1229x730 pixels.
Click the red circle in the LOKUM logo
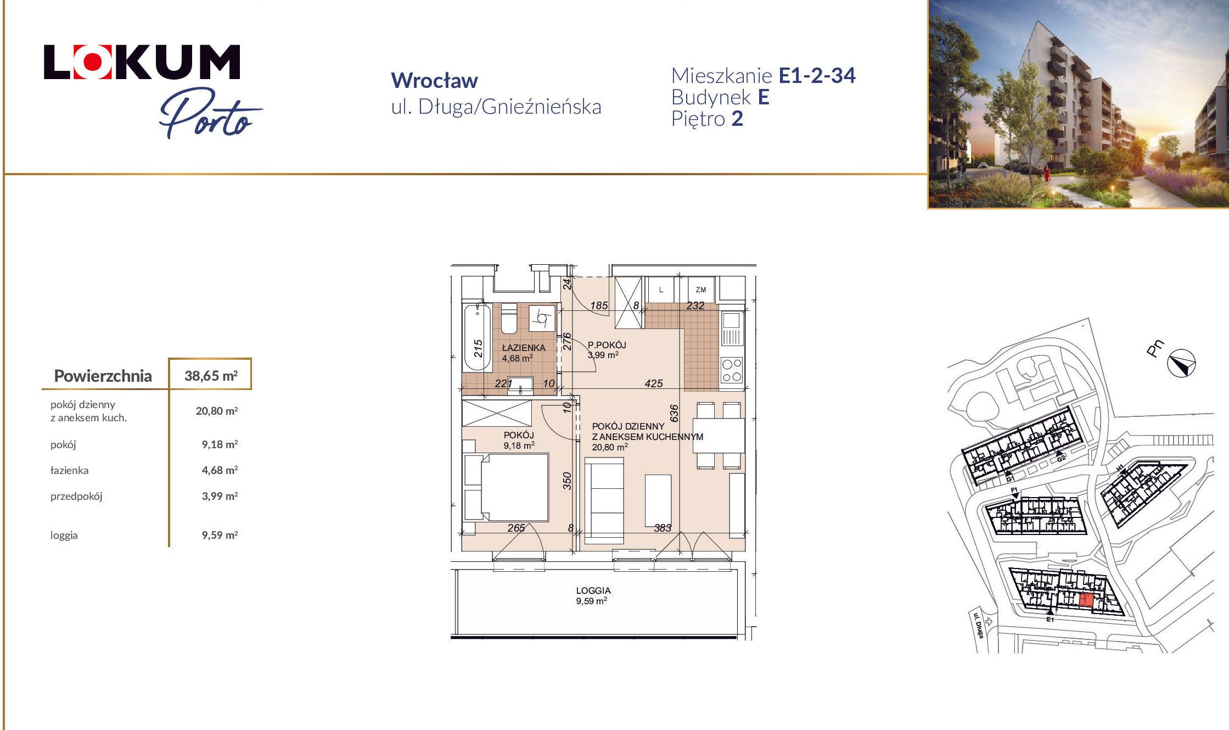click(92, 62)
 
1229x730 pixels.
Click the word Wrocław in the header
click(434, 81)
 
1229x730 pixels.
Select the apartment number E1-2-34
click(817, 75)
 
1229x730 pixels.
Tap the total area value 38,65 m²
click(211, 376)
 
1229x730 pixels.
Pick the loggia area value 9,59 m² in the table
click(220, 535)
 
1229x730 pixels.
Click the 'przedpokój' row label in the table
click(76, 497)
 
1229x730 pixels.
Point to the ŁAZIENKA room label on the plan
click(524, 348)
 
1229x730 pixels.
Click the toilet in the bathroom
click(509, 318)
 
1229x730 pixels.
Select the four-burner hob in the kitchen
click(732, 370)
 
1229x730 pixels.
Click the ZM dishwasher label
click(701, 289)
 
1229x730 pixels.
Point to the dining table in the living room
click(719, 436)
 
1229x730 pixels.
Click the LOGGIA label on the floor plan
click(593, 590)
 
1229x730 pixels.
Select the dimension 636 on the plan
click(674, 413)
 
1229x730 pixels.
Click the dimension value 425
click(654, 383)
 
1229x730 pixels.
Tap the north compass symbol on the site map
click(1181, 364)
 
